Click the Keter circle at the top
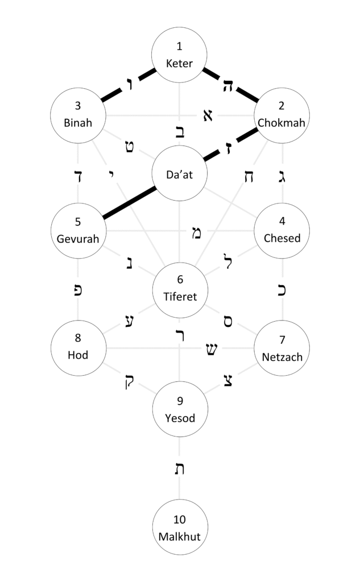pos(180,55)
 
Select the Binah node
pos(78,114)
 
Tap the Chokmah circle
pos(282,114)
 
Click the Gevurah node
pos(78,230)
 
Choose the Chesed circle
pos(282,230)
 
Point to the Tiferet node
pos(180,289)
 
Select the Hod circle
pos(78,348)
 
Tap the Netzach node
pos(282,348)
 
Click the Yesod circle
pos(180,410)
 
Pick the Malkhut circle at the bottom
pos(180,527)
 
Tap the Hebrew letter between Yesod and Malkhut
pos(180,469)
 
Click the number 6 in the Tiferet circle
pos(180,279)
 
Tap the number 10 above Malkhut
pos(180,519)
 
